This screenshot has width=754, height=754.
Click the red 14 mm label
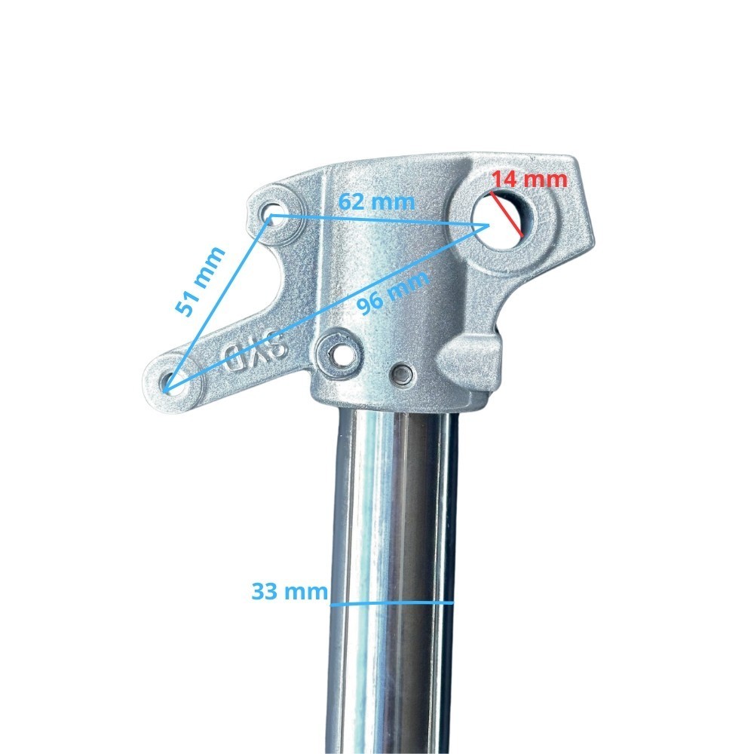pyautogui.click(x=529, y=179)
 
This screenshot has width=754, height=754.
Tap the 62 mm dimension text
pyautogui.click(x=376, y=201)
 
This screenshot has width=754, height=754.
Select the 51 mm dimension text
pyautogui.click(x=200, y=281)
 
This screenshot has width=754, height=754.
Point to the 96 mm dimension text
pyautogui.click(x=393, y=293)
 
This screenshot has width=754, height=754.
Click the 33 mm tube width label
pyautogui.click(x=290, y=591)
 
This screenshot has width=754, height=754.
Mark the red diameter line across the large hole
pyautogui.click(x=507, y=213)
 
